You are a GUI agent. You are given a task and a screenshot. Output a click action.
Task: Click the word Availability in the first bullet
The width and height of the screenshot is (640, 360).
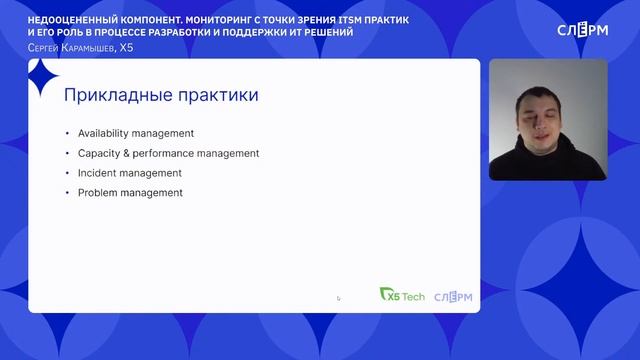102,133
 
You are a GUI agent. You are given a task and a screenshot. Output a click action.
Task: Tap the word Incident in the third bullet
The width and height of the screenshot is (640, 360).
96,173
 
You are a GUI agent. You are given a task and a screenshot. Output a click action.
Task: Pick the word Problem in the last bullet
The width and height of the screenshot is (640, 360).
97,192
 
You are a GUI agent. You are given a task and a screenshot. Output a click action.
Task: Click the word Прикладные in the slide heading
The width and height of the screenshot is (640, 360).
115,95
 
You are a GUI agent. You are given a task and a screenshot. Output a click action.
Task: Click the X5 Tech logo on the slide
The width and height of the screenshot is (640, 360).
403,294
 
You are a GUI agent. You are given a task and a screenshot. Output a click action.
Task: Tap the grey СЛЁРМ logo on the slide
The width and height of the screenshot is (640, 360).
453,294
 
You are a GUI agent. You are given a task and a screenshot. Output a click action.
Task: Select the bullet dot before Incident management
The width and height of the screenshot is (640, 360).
66,173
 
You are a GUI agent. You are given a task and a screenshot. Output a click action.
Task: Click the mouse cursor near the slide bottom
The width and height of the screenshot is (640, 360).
338,297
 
